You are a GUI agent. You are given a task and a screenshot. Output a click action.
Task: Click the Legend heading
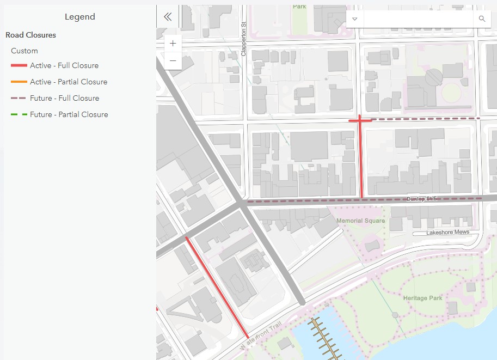click(x=79, y=17)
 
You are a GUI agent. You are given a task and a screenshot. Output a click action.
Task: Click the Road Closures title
click(x=30, y=35)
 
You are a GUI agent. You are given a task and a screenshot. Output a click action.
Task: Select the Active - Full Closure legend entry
click(x=64, y=65)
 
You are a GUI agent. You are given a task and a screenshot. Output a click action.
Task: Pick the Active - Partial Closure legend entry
click(x=69, y=82)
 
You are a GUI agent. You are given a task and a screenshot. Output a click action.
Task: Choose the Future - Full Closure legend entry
click(x=64, y=98)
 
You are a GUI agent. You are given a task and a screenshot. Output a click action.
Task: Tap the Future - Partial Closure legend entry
click(x=69, y=114)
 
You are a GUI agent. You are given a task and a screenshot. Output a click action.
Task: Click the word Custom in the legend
click(x=24, y=51)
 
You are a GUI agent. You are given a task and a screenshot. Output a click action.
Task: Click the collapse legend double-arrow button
click(x=168, y=17)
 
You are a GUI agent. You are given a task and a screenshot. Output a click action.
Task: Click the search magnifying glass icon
click(x=482, y=19)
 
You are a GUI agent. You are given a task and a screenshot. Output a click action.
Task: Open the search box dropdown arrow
click(x=355, y=19)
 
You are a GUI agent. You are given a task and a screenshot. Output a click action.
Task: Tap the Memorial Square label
click(x=360, y=221)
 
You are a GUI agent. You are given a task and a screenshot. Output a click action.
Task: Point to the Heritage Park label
click(x=422, y=298)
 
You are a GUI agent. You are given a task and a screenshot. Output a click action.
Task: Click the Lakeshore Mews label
click(x=447, y=233)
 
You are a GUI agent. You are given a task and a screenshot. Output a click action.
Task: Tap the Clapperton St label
click(x=244, y=39)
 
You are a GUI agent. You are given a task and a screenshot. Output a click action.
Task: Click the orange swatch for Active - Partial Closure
click(x=19, y=82)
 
